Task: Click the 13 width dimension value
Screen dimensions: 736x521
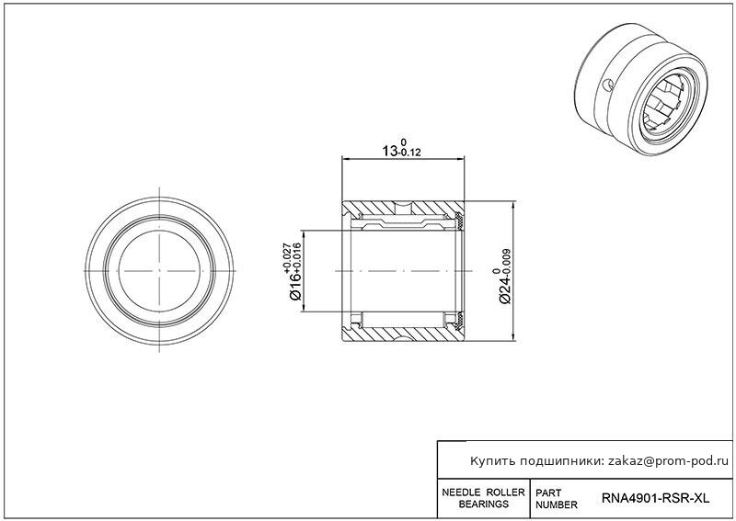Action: point(389,151)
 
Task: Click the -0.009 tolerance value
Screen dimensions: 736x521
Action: point(506,260)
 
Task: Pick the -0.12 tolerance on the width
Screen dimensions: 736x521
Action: point(408,153)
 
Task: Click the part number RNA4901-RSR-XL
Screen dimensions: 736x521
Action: point(655,498)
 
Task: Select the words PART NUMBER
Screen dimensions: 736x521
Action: point(557,499)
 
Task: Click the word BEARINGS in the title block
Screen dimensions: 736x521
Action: point(484,504)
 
